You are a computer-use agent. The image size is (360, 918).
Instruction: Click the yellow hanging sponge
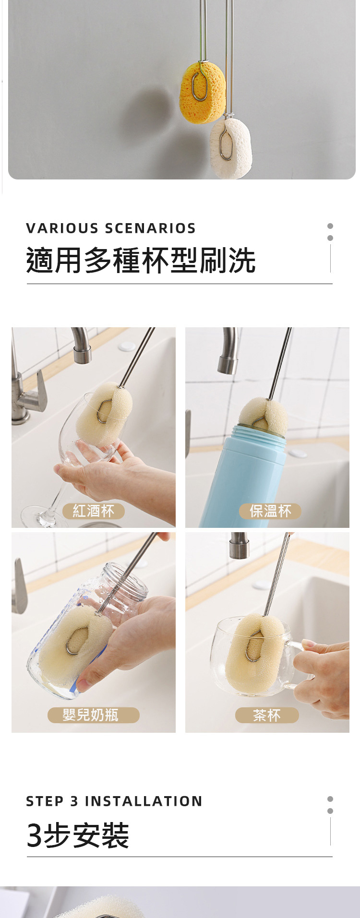point(203,92)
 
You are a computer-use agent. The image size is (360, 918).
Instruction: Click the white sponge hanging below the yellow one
point(231,148)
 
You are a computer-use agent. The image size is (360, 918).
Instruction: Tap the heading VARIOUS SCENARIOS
point(111,228)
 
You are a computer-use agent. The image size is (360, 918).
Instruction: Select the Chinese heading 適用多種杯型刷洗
point(141,260)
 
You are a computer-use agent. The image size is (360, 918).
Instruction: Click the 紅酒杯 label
point(94,511)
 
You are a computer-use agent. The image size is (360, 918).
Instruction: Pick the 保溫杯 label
point(270,511)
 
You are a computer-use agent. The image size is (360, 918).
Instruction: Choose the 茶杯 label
point(267,715)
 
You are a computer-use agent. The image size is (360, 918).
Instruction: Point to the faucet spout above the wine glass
point(81,346)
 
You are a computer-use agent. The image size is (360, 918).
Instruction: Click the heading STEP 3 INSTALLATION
point(114,801)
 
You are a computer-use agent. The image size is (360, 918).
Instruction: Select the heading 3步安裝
point(78,835)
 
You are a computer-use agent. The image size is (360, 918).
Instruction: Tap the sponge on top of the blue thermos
point(263,416)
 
